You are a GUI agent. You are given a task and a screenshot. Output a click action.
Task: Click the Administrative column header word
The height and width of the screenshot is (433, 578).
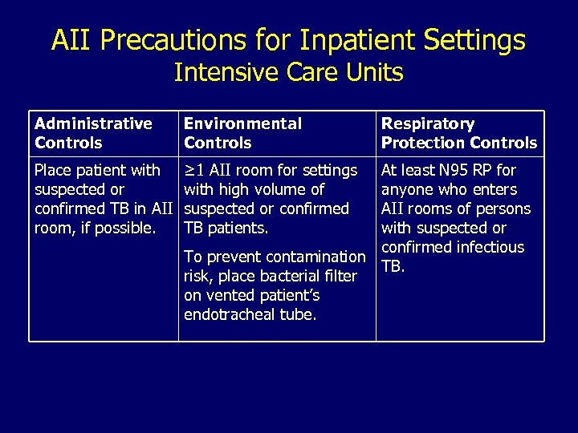[93, 123]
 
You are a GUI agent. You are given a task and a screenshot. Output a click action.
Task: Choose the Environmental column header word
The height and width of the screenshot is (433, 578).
[242, 123]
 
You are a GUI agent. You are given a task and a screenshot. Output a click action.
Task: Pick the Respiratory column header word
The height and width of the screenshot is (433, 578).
[427, 123]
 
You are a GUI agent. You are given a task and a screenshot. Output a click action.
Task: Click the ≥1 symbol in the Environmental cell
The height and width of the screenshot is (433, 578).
[193, 170]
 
